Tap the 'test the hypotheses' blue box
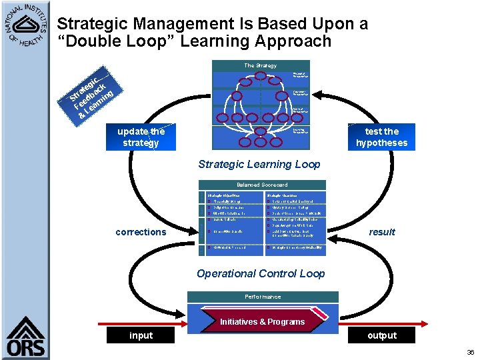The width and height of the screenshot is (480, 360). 381,137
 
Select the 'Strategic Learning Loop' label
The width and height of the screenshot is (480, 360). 259,164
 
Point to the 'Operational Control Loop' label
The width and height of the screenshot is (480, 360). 261,273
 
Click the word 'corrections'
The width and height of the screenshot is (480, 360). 141,232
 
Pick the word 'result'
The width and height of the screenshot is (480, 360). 382,232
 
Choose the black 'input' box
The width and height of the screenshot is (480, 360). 141,335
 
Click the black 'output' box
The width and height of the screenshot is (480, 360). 381,335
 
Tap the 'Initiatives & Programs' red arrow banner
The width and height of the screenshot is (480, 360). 263,321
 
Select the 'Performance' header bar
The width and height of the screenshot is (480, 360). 263,297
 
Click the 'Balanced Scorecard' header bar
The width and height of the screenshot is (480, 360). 261,185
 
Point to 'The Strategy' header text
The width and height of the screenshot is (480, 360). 260,65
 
